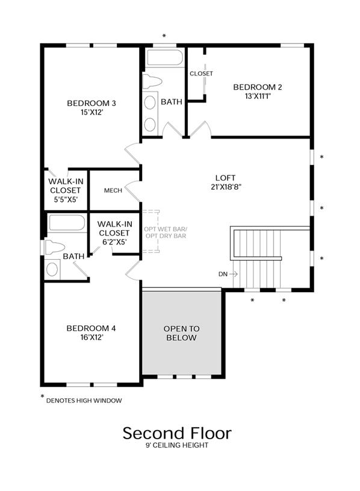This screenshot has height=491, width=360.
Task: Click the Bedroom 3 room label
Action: click(92, 103)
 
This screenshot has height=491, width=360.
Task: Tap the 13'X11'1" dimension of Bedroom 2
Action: click(258, 96)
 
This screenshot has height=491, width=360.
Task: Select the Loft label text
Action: click(225, 178)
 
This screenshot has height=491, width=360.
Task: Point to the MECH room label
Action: click(113, 190)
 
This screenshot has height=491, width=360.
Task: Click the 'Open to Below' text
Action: click(181, 333)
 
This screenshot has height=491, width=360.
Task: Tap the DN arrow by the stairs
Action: click(233, 274)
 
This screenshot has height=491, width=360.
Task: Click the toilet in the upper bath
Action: click(152, 82)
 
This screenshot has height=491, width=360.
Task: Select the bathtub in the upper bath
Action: click(164, 57)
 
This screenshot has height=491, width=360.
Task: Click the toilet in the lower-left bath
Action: click(55, 248)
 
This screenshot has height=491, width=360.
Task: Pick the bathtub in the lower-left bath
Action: click(67, 223)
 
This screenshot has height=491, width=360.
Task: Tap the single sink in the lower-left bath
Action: click(52, 269)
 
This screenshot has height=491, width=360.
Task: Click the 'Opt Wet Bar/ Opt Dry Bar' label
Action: click(166, 233)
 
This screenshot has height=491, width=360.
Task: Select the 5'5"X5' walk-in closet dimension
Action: click(66, 199)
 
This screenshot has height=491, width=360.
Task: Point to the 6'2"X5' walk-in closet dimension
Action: click(114, 242)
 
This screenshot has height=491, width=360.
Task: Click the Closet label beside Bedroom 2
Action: click(201, 73)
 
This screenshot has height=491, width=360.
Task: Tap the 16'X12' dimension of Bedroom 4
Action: click(92, 337)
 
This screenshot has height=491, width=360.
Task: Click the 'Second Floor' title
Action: click(177, 433)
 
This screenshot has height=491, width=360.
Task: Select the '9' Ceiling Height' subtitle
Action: click(177, 445)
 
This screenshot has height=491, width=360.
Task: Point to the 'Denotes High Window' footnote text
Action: click(84, 401)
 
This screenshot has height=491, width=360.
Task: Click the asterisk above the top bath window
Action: click(164, 36)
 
